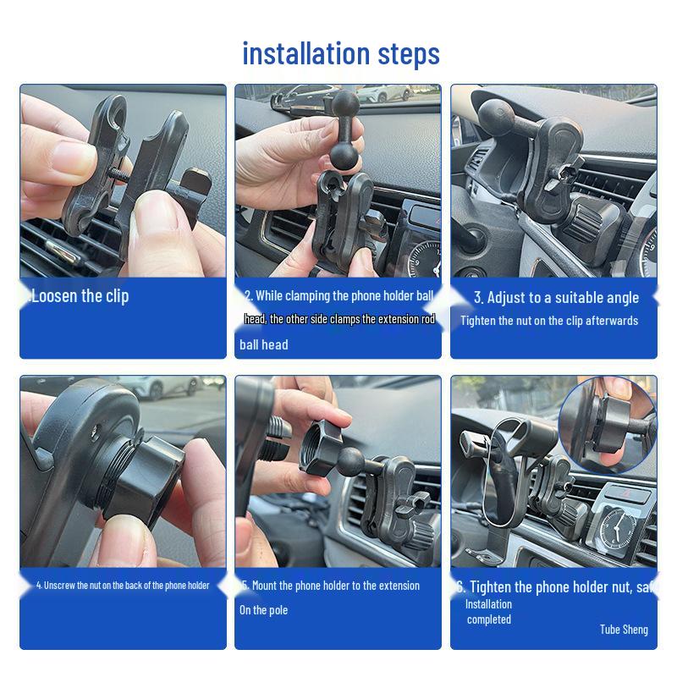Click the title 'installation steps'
(341, 53)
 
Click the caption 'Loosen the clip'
(80, 296)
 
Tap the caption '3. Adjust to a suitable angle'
(556, 297)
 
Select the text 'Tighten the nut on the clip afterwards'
(549, 321)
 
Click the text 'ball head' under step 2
(263, 344)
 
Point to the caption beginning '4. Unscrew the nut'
(123, 586)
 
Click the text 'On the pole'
(263, 610)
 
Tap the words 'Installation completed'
(488, 612)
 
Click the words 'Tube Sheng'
(624, 629)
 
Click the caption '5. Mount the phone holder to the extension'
(330, 586)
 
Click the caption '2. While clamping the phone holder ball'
(338, 295)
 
